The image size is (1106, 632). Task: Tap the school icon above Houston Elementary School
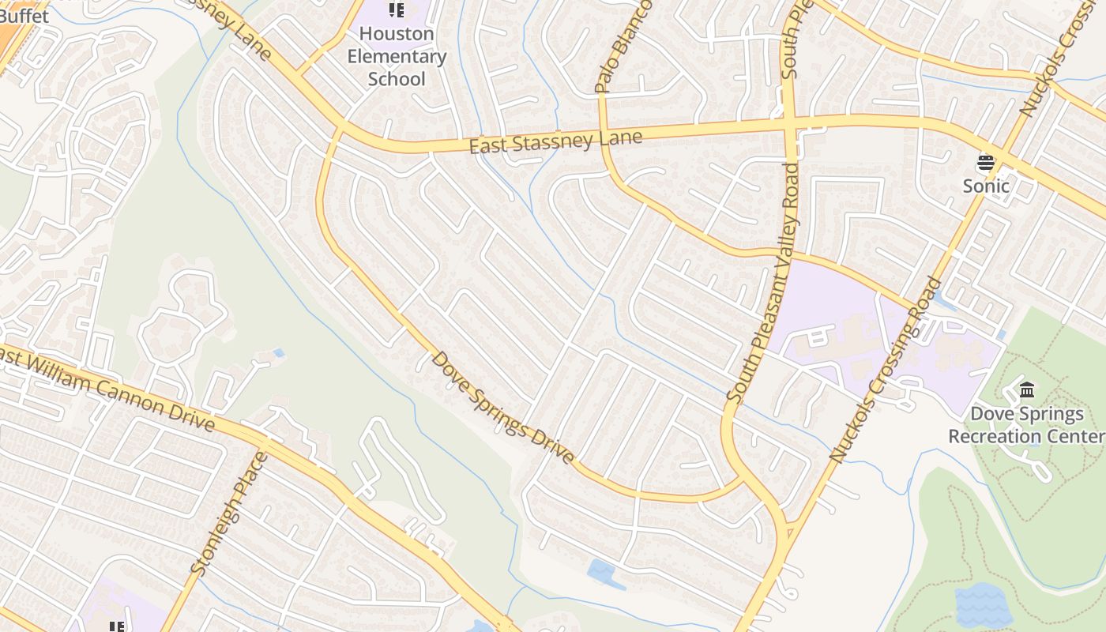tap(397, 10)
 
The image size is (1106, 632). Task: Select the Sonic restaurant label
tap(986, 186)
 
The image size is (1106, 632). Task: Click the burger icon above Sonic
tap(985, 164)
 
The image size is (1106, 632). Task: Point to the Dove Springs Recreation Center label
tap(1027, 425)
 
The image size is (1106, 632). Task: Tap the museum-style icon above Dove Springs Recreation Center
tap(1027, 390)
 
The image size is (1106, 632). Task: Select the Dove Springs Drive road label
tap(503, 408)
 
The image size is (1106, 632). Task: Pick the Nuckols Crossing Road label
tap(886, 370)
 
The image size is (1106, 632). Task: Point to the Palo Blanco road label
tap(623, 47)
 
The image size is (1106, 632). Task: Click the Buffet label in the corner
tap(24, 16)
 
